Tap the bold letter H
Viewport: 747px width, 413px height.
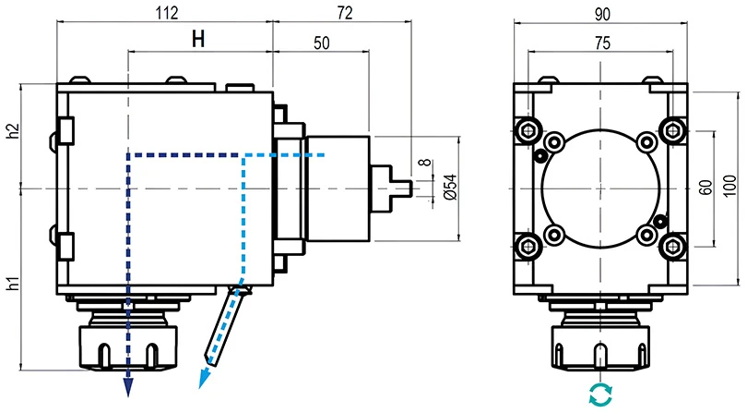pos(199,40)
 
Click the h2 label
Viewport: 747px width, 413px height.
pos(12,130)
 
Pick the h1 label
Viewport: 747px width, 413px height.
pos(12,283)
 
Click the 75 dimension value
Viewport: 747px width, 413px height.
pos(600,42)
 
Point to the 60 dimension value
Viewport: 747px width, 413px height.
pos(705,188)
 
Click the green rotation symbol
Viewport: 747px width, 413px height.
pos(600,395)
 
